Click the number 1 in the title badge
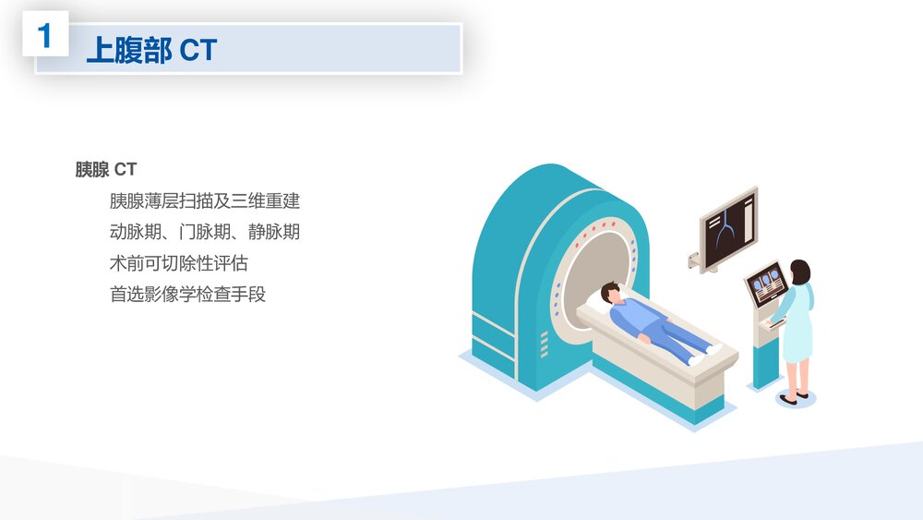pyautogui.click(x=44, y=37)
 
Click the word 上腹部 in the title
pyautogui.click(x=128, y=50)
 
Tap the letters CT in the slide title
pyautogui.click(x=198, y=50)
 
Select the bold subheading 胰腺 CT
pyautogui.click(x=105, y=169)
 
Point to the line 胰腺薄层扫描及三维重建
pyautogui.click(x=204, y=200)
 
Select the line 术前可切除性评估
pyautogui.click(x=178, y=263)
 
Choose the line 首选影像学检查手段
pyautogui.click(x=187, y=295)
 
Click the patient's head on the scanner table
pyautogui.click(x=611, y=294)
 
